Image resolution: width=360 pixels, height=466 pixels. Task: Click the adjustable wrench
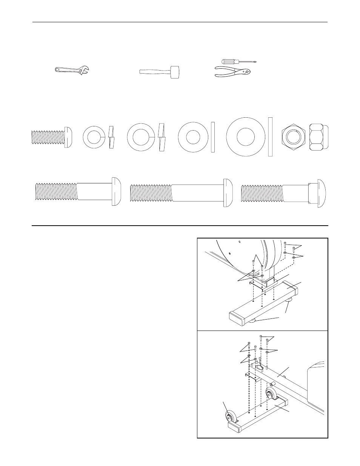point(72,70)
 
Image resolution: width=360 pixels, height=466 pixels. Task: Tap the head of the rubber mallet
point(174,72)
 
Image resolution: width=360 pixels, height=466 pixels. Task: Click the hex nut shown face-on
point(293,137)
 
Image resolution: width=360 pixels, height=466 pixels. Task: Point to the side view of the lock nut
point(318,137)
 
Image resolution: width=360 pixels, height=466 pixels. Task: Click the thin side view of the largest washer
point(270,137)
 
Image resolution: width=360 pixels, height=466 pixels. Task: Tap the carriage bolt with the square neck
point(283,194)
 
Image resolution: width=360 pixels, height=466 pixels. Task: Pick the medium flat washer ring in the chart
point(193,137)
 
